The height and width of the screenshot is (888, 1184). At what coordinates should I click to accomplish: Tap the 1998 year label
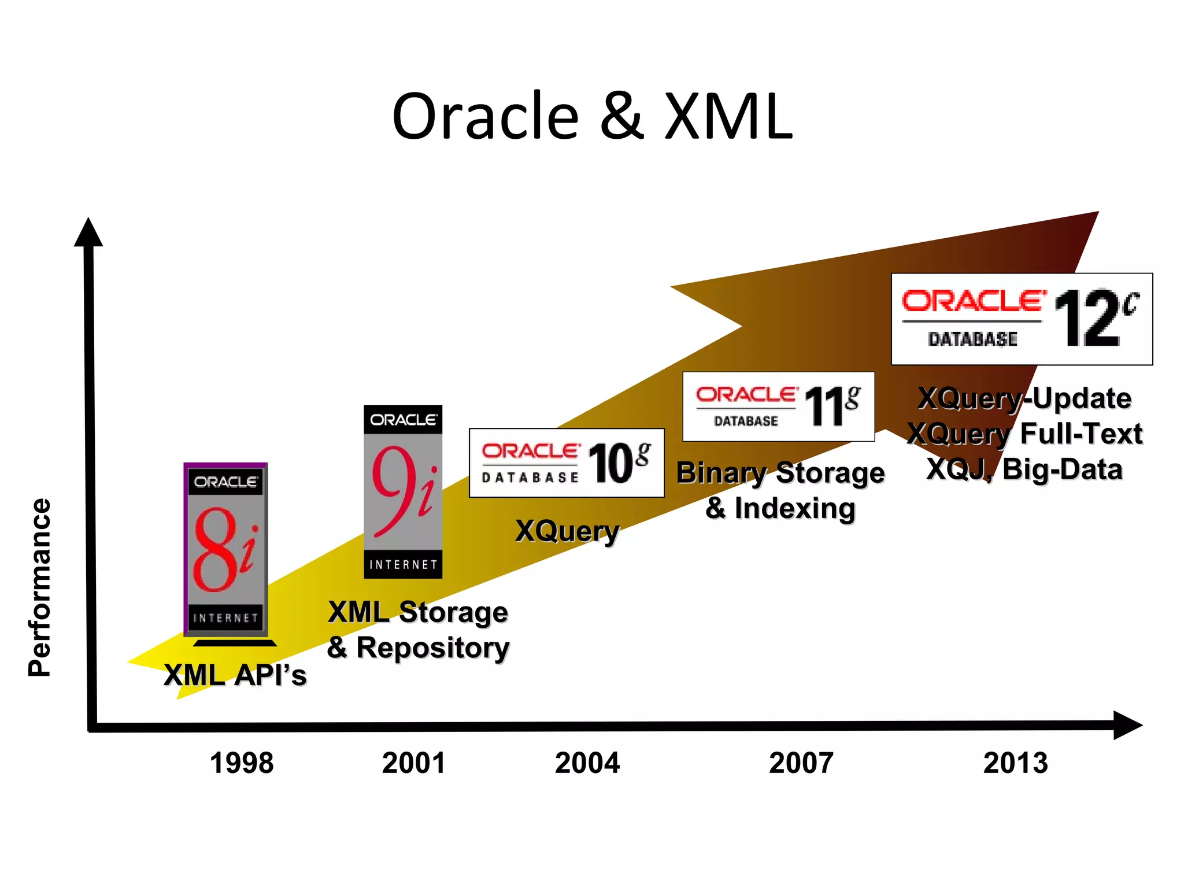click(x=242, y=763)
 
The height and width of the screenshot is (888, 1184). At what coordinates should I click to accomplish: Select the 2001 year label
click(x=414, y=763)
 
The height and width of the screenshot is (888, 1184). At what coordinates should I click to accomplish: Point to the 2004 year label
click(x=587, y=763)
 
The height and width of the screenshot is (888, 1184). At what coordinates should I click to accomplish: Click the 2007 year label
click(x=801, y=763)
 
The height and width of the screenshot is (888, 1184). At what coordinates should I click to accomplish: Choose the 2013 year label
click(x=1016, y=763)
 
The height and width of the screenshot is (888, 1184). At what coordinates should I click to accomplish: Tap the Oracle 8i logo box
click(x=225, y=549)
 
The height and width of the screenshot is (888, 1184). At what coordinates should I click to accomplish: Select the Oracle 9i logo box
click(x=403, y=491)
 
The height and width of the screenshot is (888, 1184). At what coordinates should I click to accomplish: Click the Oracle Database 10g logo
click(x=567, y=462)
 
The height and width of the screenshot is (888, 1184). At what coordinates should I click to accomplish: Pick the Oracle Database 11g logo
click(x=778, y=406)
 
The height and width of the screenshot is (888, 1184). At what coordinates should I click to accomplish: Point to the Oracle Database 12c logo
click(x=1022, y=319)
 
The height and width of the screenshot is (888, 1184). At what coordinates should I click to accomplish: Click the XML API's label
click(x=235, y=675)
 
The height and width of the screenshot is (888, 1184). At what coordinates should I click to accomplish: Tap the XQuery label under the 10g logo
click(x=567, y=531)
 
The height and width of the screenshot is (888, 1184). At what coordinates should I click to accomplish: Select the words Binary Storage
click(x=780, y=473)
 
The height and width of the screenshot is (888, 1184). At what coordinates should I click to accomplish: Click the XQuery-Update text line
click(x=1024, y=398)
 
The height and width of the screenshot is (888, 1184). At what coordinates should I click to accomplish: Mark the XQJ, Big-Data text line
click(x=1024, y=469)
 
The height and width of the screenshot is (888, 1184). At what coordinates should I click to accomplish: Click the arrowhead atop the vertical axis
click(x=88, y=233)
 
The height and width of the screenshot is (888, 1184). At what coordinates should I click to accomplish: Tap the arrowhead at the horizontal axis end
click(x=1127, y=725)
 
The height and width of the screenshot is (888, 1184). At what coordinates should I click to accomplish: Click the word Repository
click(x=432, y=647)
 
